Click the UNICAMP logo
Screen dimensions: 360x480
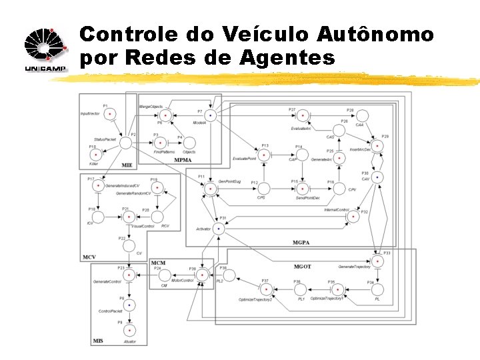45,51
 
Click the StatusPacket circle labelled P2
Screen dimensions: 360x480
125,142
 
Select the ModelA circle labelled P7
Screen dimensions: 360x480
211,116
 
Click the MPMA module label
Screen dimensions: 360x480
182,160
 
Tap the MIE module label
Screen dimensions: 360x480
127,165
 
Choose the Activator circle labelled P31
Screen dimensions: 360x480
218,228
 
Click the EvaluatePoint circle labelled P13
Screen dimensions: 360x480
265,154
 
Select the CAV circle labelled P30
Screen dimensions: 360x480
376,177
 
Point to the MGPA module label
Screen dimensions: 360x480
302,241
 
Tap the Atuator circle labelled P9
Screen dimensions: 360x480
129,331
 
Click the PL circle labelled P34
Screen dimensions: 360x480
377,289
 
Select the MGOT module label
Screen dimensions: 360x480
302,266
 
